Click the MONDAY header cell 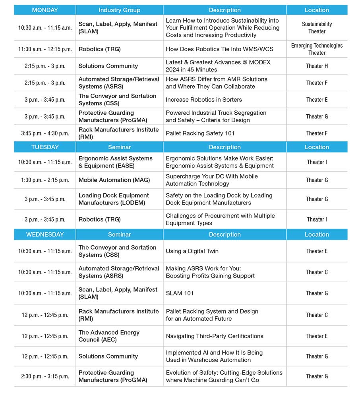pyautogui.click(x=45, y=10)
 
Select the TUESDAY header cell pyautogui.click(x=45, y=147)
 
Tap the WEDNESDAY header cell pyautogui.click(x=45, y=234)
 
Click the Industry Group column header pyautogui.click(x=119, y=10)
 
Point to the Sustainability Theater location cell pyautogui.click(x=317, y=28)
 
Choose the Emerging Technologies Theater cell pyautogui.click(x=317, y=49)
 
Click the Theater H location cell pyautogui.click(x=317, y=66)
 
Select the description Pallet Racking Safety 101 pyautogui.click(x=200, y=133)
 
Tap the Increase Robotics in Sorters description pyautogui.click(x=204, y=100)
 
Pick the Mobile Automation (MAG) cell pyautogui.click(x=114, y=180)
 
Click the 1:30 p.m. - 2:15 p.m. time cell pyautogui.click(x=45, y=180)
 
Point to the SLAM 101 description pyautogui.click(x=180, y=293)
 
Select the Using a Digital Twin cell pyautogui.click(x=192, y=251)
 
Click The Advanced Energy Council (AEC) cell pyautogui.click(x=109, y=336)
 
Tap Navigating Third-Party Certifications pyautogui.click(x=215, y=336)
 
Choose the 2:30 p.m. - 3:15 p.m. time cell pyautogui.click(x=45, y=376)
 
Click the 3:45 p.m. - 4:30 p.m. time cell pyautogui.click(x=45, y=133)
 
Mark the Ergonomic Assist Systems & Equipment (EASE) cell pyautogui.click(x=116, y=162)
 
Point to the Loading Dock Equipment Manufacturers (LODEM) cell pyautogui.click(x=114, y=199)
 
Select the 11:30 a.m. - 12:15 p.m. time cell pyautogui.click(x=45, y=49)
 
